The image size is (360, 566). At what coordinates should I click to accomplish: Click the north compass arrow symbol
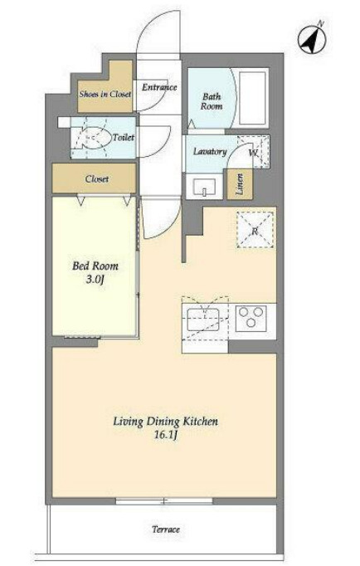point(312,39)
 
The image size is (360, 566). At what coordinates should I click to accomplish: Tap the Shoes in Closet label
point(105,95)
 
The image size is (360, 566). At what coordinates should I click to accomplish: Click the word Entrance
point(159,87)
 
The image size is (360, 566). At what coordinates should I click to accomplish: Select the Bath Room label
point(212,101)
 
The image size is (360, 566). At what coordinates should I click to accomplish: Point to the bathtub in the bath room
point(252,98)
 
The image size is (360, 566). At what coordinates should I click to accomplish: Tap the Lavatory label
point(210,152)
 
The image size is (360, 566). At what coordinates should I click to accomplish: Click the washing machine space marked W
point(253,152)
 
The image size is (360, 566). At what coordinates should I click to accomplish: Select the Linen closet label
point(240,184)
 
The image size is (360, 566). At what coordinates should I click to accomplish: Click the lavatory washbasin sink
point(204,187)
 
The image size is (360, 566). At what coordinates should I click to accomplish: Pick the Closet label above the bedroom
point(97,178)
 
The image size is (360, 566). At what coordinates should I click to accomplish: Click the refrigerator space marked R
point(255,230)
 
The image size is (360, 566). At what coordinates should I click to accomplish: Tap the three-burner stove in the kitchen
point(251,318)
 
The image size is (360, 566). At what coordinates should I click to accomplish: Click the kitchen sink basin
point(203,319)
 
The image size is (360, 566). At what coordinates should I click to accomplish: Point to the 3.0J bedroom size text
point(95,280)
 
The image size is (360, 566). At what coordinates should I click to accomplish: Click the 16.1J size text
point(166,436)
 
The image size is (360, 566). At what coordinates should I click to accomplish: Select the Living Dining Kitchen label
point(166,422)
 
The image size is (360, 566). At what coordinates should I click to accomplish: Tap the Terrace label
point(166,529)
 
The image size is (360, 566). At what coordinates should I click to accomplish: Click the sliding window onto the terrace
point(164,501)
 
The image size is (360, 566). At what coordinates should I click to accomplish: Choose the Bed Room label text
point(95,266)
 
